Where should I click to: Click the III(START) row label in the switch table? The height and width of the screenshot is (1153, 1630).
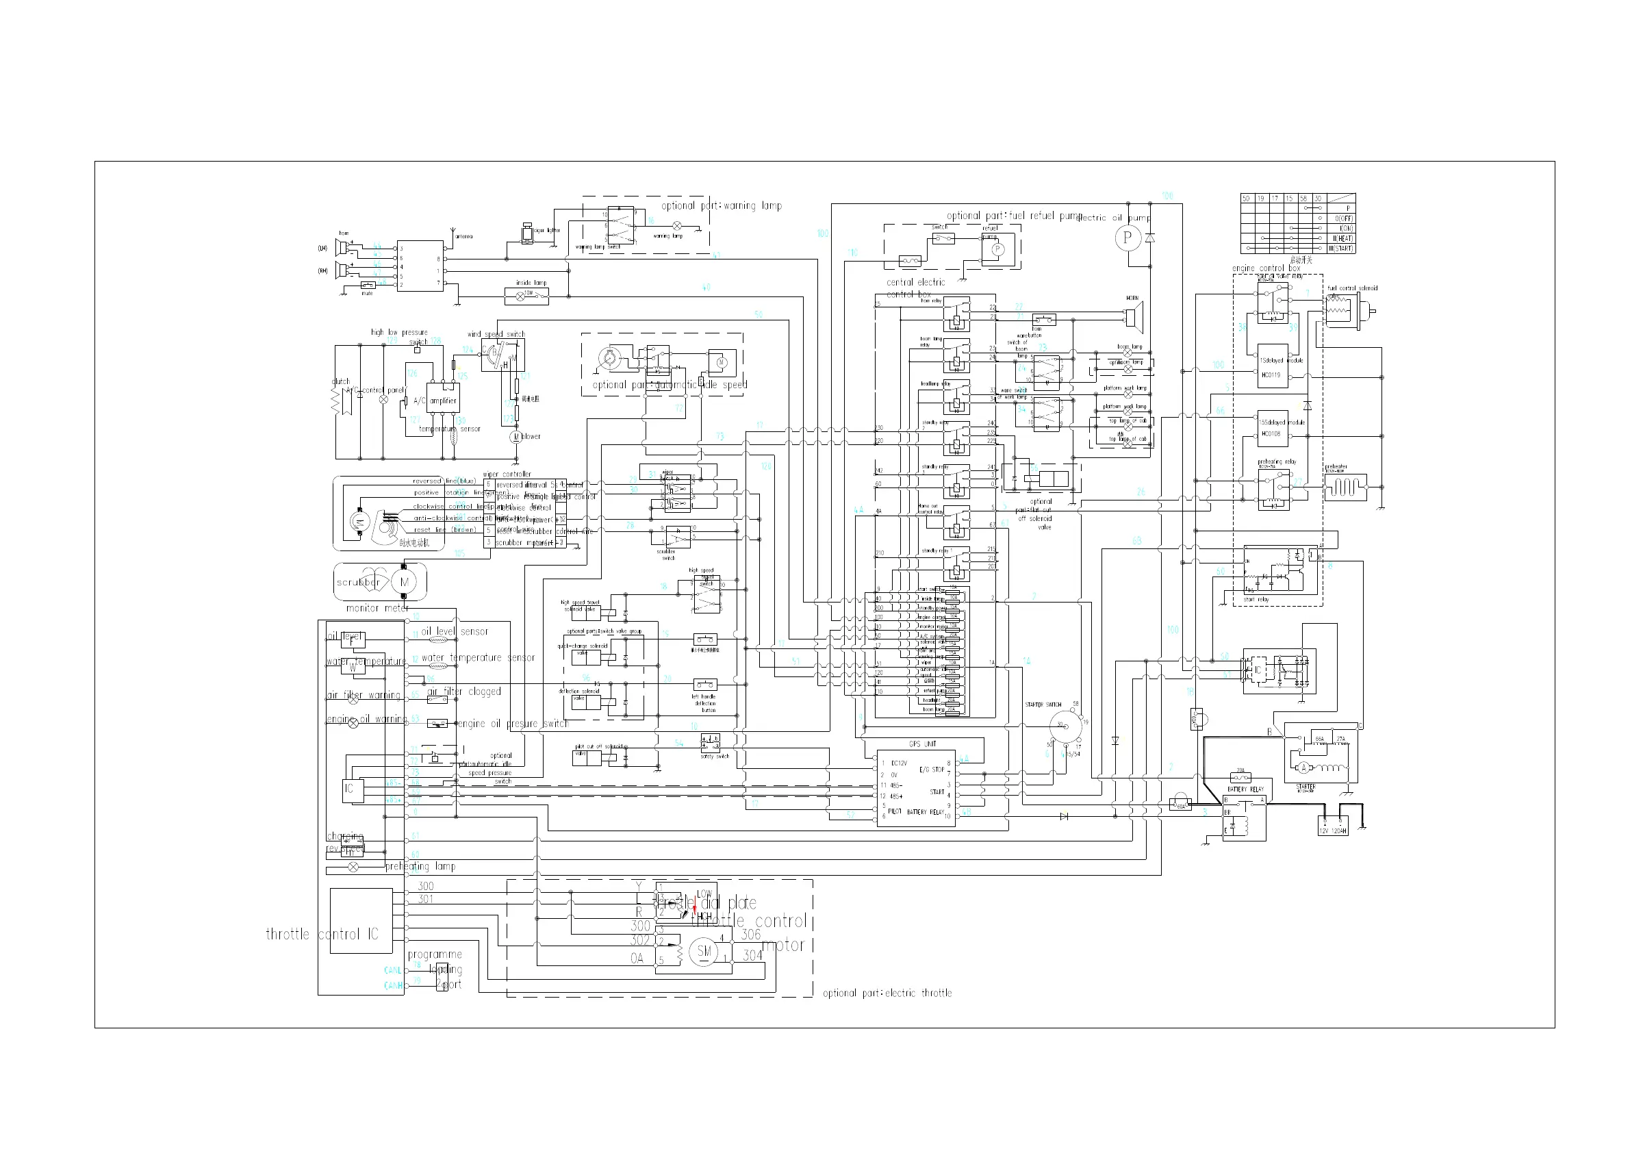1342,249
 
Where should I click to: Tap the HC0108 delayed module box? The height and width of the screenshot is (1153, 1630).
1271,428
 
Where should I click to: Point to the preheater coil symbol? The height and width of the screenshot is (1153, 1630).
1345,488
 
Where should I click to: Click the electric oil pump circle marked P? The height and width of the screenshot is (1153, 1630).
1128,237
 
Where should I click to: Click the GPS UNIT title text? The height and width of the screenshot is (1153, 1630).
923,744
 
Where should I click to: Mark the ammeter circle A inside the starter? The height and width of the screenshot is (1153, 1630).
1303,768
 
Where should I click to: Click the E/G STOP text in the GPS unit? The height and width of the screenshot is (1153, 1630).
932,770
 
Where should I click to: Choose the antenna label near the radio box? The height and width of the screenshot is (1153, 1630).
463,236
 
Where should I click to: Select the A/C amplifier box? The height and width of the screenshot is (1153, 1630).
443,401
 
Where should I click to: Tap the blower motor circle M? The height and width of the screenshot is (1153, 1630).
517,437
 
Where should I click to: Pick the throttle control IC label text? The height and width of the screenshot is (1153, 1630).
322,935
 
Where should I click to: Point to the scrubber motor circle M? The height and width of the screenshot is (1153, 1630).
405,582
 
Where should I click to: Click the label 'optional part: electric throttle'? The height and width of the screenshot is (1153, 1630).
887,993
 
